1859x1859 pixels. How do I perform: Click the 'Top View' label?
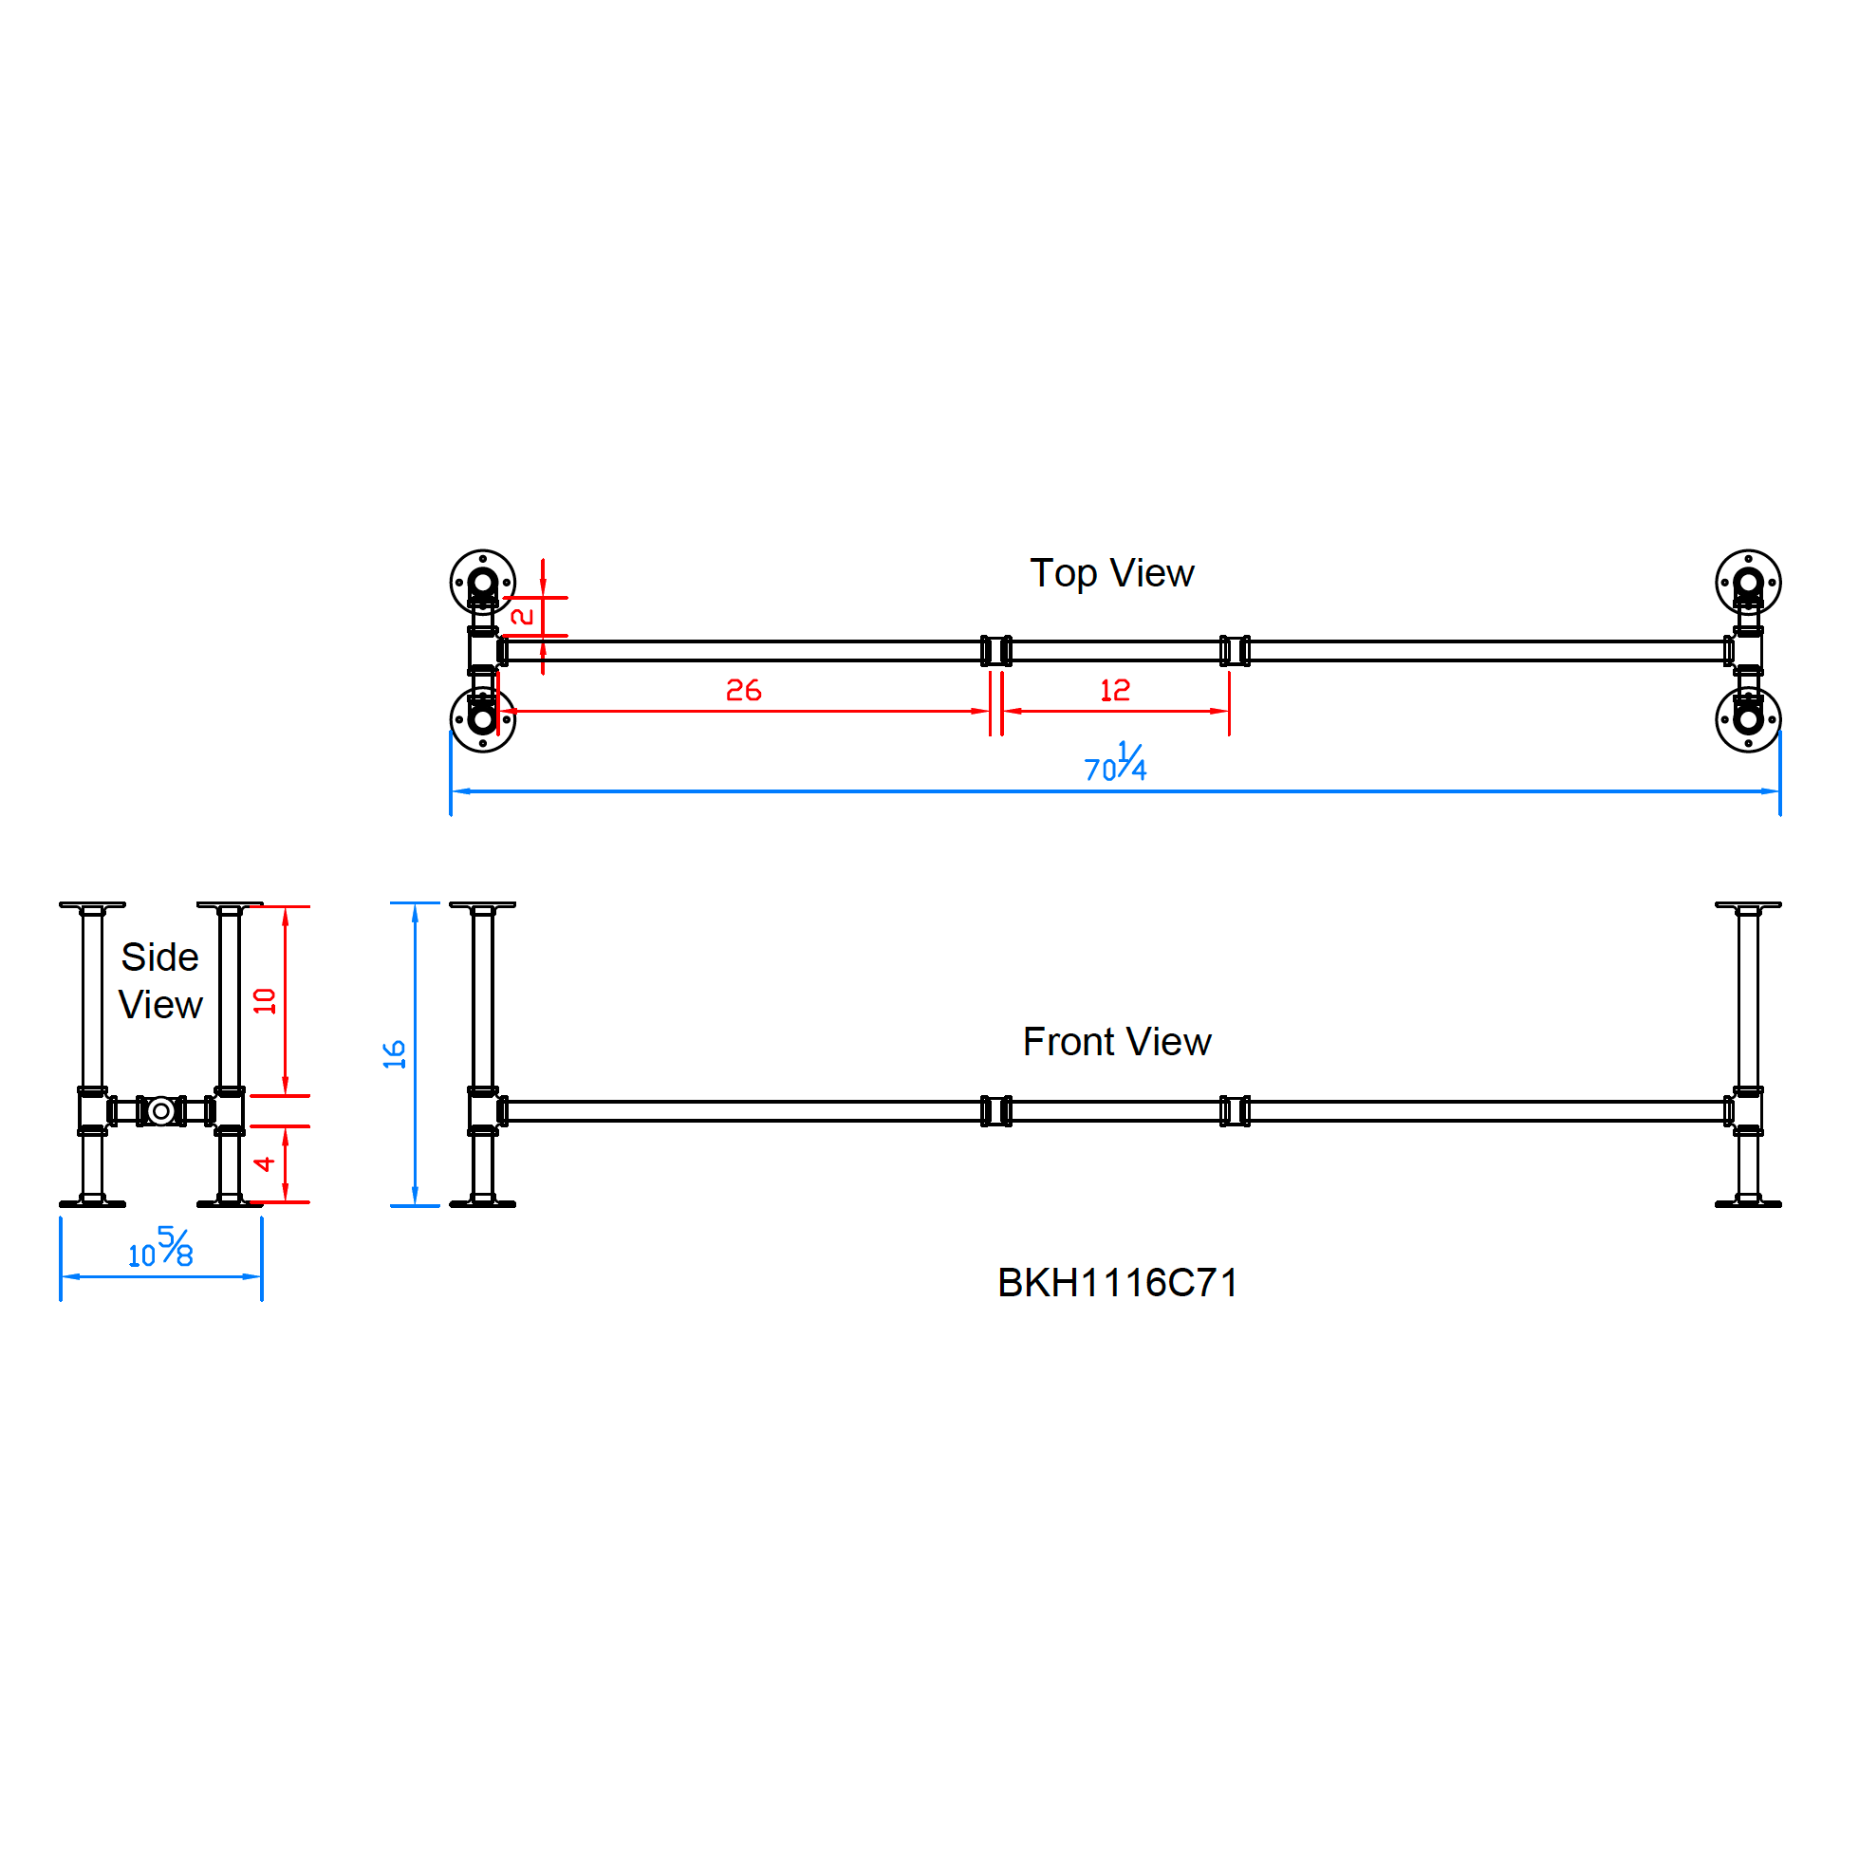(x=1111, y=573)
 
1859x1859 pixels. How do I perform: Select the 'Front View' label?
(x=1116, y=1042)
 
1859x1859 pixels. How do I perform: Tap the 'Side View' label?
(x=159, y=980)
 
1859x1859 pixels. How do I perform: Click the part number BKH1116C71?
(x=1117, y=1283)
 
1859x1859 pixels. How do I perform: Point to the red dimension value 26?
(x=743, y=690)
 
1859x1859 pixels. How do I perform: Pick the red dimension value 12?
(x=1114, y=690)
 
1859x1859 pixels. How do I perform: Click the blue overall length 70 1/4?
(x=1115, y=764)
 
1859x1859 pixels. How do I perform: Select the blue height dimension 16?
(x=395, y=1054)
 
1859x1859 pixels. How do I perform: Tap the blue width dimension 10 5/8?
(x=160, y=1248)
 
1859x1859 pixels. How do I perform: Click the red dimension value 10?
(x=265, y=1001)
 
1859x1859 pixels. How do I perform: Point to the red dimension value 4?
(x=265, y=1164)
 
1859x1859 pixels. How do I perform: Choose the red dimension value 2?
(x=523, y=616)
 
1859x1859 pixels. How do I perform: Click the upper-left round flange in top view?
(x=483, y=582)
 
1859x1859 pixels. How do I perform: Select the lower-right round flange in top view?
(x=1747, y=718)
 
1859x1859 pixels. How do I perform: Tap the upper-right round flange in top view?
(x=1747, y=582)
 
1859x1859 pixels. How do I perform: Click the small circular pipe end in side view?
(x=160, y=1111)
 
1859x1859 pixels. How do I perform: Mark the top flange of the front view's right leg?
(x=1747, y=905)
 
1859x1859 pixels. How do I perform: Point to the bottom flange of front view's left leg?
(x=483, y=1202)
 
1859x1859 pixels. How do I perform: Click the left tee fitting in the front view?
(x=483, y=1111)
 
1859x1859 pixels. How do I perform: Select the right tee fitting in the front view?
(x=1747, y=1111)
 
